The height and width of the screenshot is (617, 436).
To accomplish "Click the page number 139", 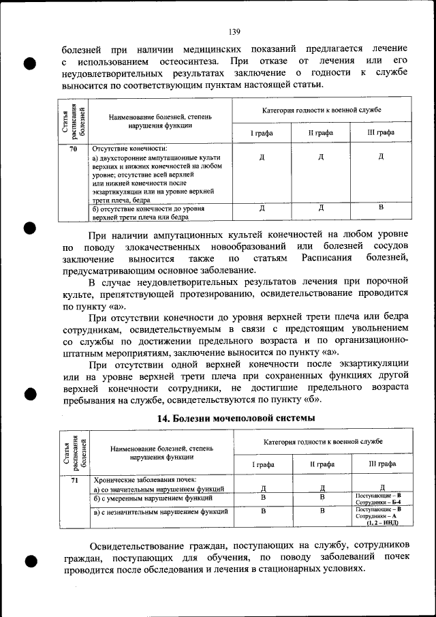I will [x=234, y=31].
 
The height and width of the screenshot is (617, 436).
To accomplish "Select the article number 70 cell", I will [x=73, y=148].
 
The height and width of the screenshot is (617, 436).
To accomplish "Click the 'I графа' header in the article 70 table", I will [x=262, y=132].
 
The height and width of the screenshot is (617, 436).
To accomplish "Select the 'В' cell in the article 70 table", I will [x=381, y=207].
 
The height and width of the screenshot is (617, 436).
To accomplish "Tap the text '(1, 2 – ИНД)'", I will [x=381, y=523].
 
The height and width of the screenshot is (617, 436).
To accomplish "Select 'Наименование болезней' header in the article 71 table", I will [x=161, y=449].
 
